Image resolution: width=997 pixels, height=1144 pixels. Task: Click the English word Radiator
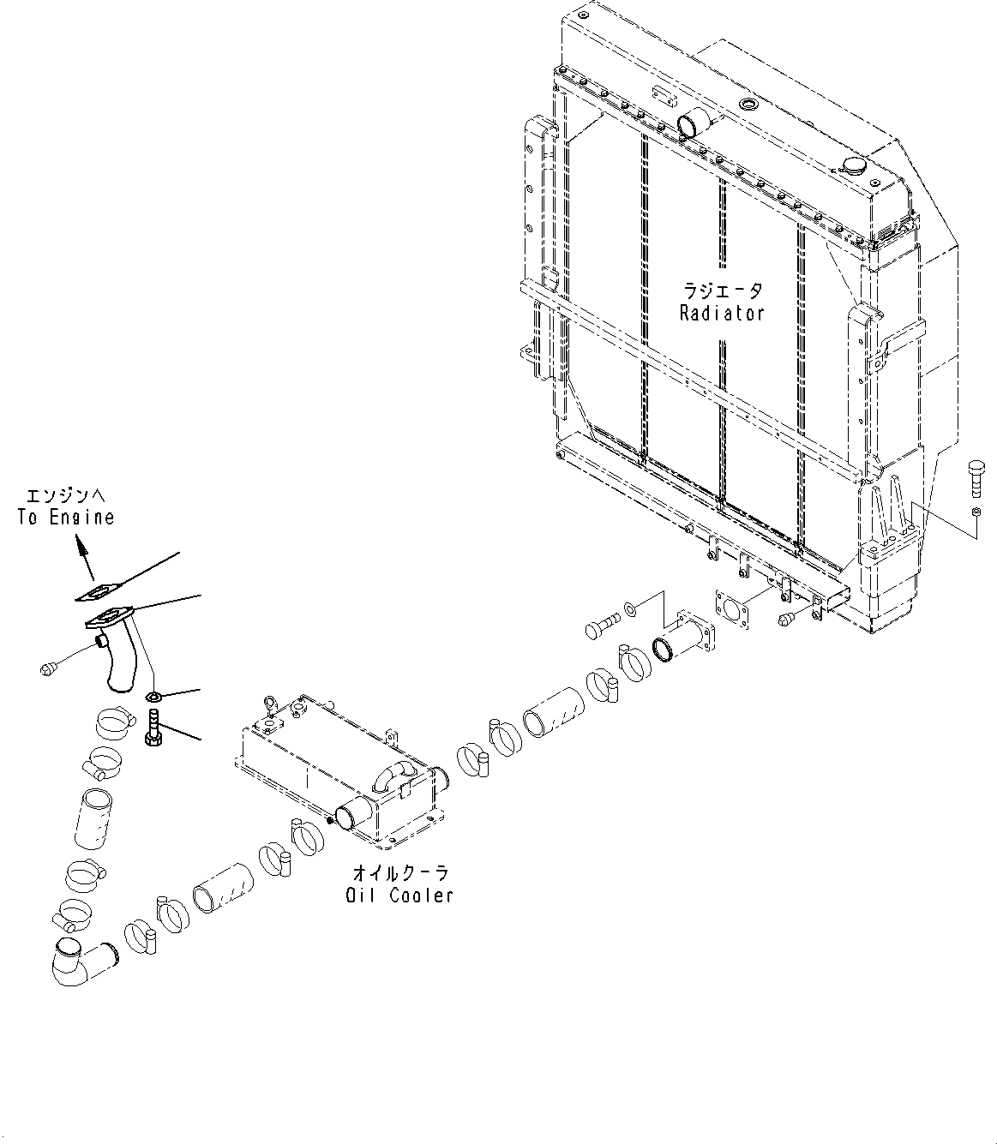point(721,314)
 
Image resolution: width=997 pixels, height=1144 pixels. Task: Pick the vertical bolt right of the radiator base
point(976,477)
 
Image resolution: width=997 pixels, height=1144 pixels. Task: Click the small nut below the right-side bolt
point(976,512)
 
